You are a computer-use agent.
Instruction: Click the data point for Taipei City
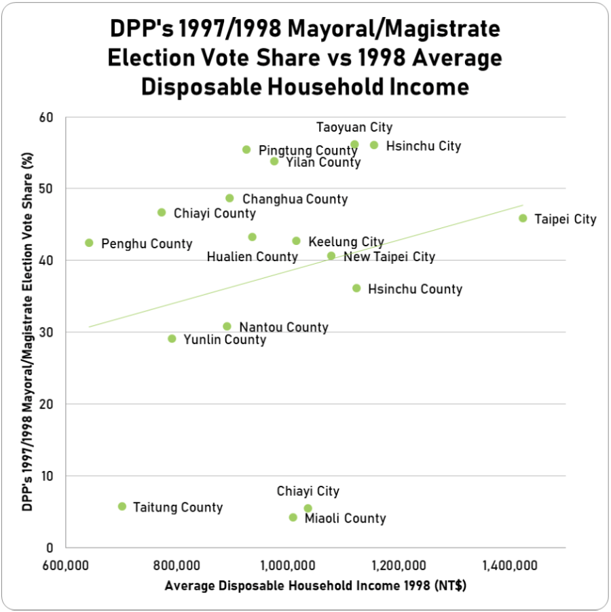pyautogui.click(x=523, y=218)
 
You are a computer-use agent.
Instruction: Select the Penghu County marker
pyautogui.click(x=89, y=243)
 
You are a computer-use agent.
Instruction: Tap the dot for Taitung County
pyautogui.click(x=122, y=506)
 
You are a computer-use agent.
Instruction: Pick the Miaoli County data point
pyautogui.click(x=293, y=518)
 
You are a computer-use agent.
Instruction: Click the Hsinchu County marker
pyautogui.click(x=356, y=288)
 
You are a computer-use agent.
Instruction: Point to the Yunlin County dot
pyautogui.click(x=172, y=339)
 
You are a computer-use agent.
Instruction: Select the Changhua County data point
pyautogui.click(x=229, y=198)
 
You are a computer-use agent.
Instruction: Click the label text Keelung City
pyautogui.click(x=346, y=242)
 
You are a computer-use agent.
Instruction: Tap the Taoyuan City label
pyautogui.click(x=354, y=128)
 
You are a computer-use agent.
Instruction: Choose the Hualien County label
pyautogui.click(x=252, y=256)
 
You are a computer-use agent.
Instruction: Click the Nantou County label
pyautogui.click(x=284, y=328)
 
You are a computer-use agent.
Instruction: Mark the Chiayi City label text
pyautogui.click(x=308, y=491)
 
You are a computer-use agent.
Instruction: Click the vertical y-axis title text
pyautogui.click(x=27, y=332)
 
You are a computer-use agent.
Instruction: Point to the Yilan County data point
pyautogui.click(x=274, y=161)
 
